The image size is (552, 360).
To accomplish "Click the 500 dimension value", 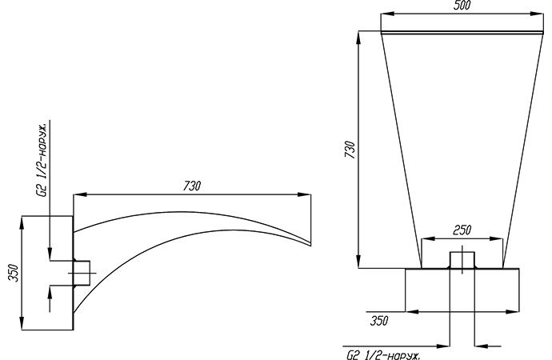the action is pos(462,6).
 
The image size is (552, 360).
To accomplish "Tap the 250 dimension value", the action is pos(462,230).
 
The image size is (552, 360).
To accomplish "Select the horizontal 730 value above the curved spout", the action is pos(192,186).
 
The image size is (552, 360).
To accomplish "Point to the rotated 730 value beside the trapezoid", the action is pos(350,150).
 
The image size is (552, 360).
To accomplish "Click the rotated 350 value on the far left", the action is pos(14,273).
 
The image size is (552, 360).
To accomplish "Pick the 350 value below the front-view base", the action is pos(379,321).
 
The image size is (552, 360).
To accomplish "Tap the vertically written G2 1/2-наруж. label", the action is pos(42,161).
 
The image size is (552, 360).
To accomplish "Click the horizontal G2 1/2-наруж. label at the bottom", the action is pos(383,355).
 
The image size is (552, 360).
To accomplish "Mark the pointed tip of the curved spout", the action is pos(310,245).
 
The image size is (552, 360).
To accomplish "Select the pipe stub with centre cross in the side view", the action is pos(82,273).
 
